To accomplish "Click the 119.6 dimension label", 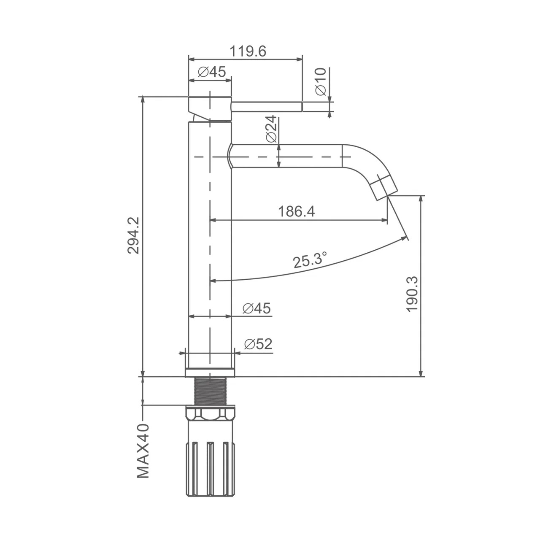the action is click(248, 51).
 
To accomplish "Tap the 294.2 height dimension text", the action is click(133, 236).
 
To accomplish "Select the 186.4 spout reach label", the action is click(297, 211).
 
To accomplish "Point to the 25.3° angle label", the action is click(310, 260).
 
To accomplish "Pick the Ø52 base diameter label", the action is click(258, 344).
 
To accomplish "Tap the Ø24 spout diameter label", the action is click(271, 129).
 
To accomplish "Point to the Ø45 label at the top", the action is click(212, 72).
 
